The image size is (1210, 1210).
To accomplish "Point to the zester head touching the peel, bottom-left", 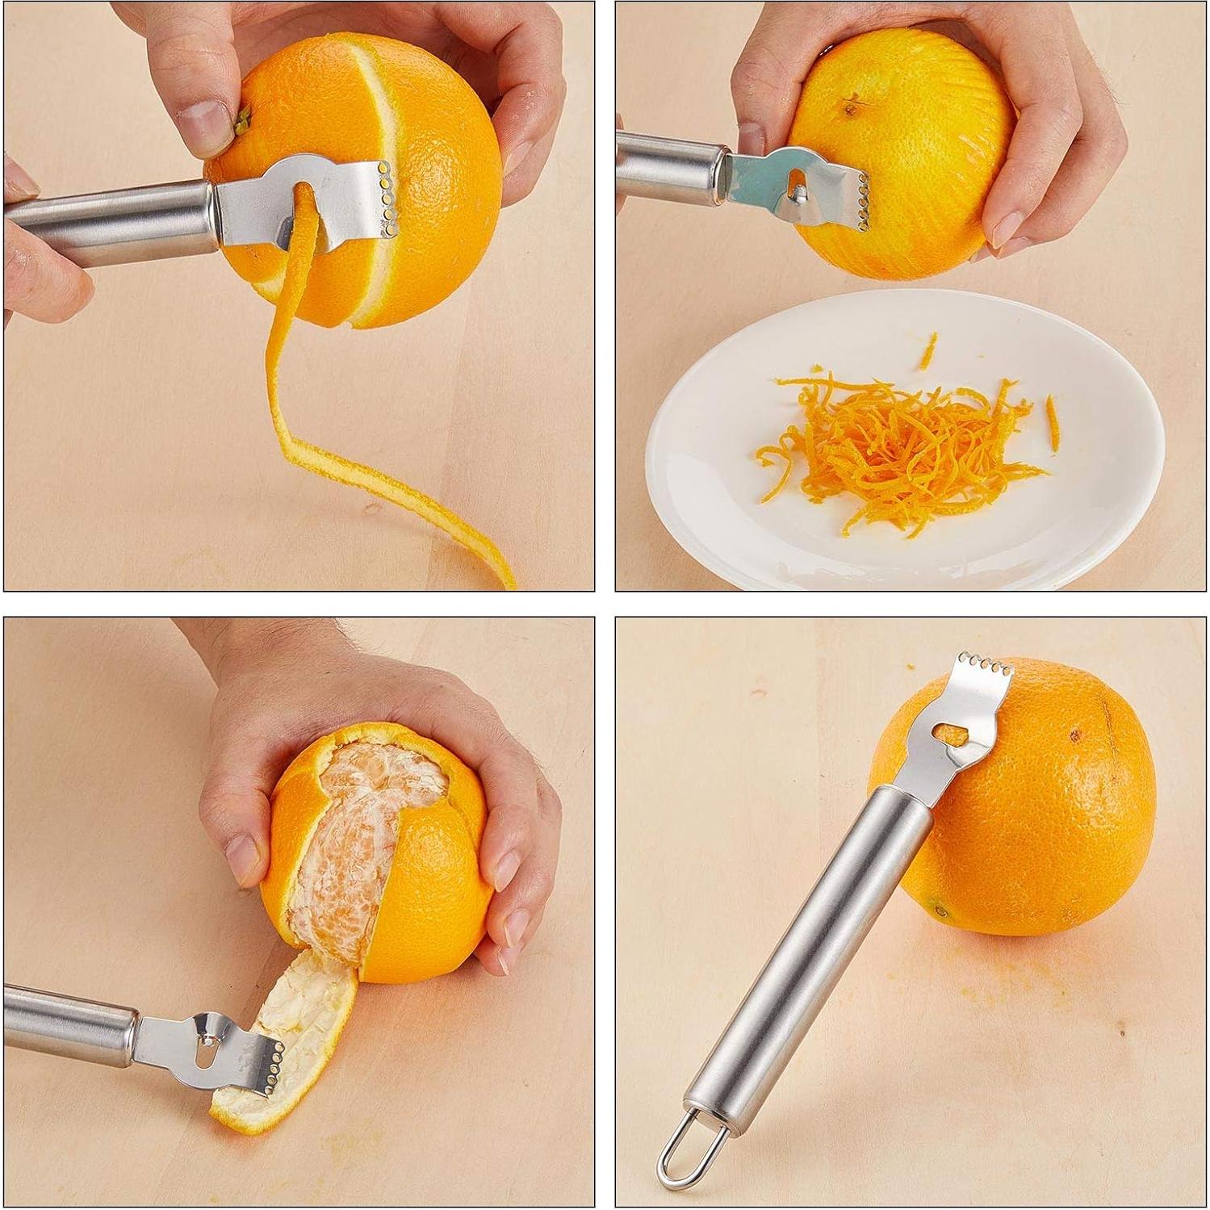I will pyautogui.click(x=242, y=1057).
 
